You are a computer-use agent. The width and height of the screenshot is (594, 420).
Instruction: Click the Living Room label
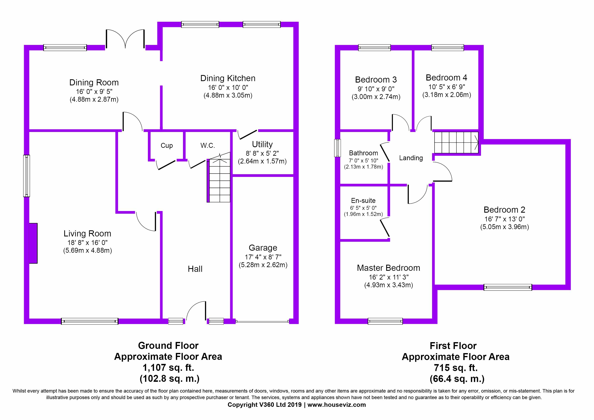(x=87, y=234)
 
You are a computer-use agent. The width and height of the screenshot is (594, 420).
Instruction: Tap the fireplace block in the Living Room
(x=33, y=243)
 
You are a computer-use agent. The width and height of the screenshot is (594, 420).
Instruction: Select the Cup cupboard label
(x=167, y=146)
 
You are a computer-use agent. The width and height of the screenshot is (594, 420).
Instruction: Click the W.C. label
(x=207, y=146)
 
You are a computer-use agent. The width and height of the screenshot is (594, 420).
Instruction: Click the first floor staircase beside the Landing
(x=456, y=143)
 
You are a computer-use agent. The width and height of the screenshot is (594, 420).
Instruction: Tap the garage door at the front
(x=262, y=322)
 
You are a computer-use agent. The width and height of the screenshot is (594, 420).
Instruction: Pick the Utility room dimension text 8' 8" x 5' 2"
(x=262, y=153)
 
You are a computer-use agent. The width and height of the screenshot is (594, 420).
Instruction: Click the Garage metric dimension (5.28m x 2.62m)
(x=263, y=265)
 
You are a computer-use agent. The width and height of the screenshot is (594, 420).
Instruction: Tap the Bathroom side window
(x=337, y=148)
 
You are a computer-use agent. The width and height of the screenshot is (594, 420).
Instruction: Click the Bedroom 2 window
(x=508, y=287)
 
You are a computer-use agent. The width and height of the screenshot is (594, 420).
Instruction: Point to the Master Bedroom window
(x=385, y=321)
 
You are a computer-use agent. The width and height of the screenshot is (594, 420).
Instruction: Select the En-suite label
(x=363, y=201)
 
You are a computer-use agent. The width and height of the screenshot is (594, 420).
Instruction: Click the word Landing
(x=411, y=158)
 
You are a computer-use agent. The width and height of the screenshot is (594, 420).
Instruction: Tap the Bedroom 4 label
(x=446, y=78)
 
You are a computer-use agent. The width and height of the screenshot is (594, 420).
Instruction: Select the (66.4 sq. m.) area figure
(x=457, y=379)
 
